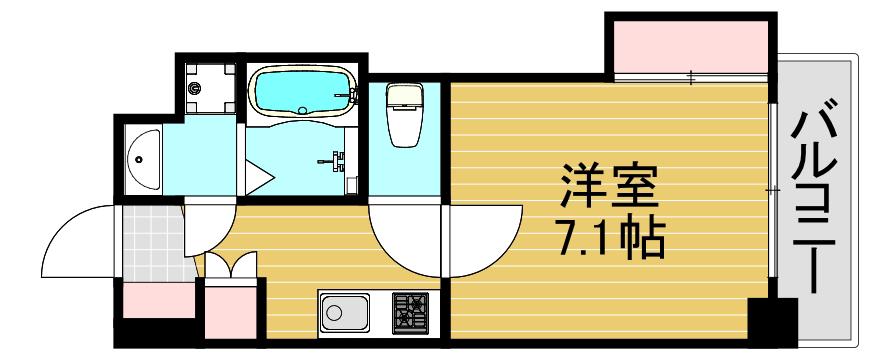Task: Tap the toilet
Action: tap(404, 114)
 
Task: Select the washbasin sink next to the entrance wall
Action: tap(143, 159)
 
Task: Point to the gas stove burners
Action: tap(410, 313)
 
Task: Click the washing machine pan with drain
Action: tap(210, 88)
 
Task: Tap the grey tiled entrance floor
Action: tap(154, 243)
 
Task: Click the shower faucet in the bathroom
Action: tap(333, 159)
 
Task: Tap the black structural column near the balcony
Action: tap(773, 322)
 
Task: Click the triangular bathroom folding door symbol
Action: tap(258, 177)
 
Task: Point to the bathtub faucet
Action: tap(352, 95)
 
